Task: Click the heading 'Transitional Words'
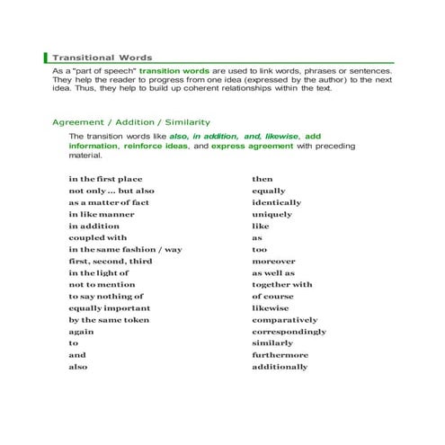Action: click(102, 57)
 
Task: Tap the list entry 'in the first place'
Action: click(105, 179)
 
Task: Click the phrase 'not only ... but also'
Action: click(111, 191)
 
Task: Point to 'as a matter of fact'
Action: click(109, 202)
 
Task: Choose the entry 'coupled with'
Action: click(98, 237)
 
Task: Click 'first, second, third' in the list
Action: click(111, 261)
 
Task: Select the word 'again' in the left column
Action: click(82, 332)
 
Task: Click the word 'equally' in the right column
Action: click(269, 191)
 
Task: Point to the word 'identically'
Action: click(276, 202)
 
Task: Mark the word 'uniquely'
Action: click(271, 214)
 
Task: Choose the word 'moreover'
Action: click(273, 261)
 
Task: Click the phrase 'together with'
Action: click(282, 285)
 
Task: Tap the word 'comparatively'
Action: click(284, 320)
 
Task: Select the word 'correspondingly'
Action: click(289, 332)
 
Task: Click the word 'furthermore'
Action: click(280, 355)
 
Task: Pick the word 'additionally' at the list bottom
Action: click(280, 367)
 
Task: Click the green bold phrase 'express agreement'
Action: click(253, 145)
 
